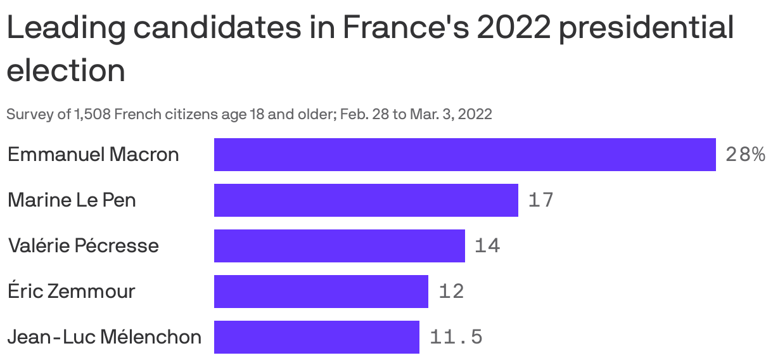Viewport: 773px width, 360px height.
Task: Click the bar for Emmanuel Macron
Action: (x=464, y=155)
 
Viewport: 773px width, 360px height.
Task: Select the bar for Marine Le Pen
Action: (x=366, y=200)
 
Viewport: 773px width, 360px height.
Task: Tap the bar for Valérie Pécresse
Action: (x=339, y=246)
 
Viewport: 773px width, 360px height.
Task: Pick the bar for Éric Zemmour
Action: (x=321, y=292)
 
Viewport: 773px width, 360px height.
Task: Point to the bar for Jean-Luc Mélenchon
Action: (x=316, y=337)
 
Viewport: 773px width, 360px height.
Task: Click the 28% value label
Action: (x=745, y=155)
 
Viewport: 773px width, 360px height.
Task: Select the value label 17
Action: (x=540, y=200)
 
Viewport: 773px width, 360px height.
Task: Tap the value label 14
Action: (x=487, y=246)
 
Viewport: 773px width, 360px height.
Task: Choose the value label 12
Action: (x=451, y=292)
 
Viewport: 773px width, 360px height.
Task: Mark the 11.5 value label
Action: (x=456, y=337)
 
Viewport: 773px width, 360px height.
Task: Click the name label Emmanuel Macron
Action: (x=93, y=155)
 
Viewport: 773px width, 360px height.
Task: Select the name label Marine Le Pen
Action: (x=72, y=200)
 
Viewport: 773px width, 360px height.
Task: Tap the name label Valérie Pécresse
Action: (x=83, y=246)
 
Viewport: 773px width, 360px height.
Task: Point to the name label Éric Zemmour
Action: (x=71, y=292)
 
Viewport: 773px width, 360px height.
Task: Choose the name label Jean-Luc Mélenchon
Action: (x=105, y=337)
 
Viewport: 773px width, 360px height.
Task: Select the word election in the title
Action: (x=66, y=70)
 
